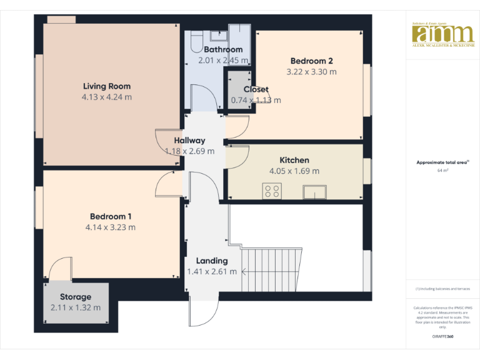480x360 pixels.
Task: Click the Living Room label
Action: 106,86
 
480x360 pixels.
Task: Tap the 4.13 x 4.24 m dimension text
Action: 106,97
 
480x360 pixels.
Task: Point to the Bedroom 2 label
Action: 311,61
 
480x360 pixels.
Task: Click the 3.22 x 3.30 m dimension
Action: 311,72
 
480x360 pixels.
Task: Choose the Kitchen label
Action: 294,160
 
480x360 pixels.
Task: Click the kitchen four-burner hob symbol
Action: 272,191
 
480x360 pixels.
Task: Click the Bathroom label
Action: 223,49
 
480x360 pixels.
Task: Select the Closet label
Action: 256,89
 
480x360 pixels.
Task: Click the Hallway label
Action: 189,141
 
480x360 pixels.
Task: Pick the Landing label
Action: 212,261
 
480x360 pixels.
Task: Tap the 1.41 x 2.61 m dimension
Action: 212,271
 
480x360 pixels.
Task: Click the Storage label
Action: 76,297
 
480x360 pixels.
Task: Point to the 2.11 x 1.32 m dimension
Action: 76,307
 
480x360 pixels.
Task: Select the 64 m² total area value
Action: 443,169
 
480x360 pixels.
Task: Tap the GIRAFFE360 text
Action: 443,336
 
